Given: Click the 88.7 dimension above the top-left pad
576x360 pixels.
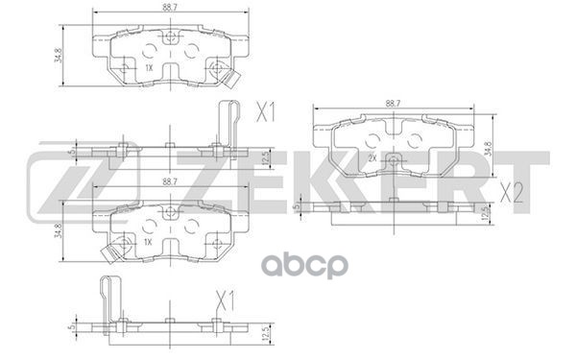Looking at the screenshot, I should point(169,9).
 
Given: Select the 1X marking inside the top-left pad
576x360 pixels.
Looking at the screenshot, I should point(149,68).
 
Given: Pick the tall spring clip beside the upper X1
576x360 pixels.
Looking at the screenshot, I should point(228,120).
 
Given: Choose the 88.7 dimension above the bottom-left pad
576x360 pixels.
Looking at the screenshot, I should point(169,181).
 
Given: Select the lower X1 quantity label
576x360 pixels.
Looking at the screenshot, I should point(224,299).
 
